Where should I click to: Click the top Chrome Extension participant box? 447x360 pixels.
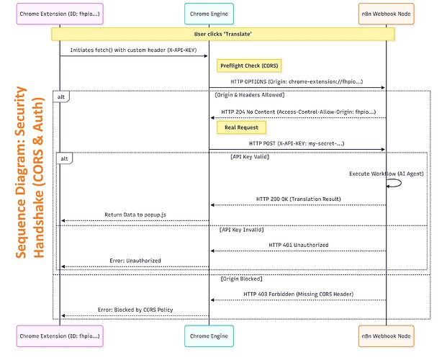tap(60, 14)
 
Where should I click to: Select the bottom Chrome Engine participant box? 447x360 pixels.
tap(209, 336)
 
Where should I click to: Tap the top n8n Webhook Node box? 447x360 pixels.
tap(386, 14)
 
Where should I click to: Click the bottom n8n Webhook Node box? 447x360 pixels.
tap(386, 336)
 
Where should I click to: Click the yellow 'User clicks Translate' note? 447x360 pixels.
tap(223, 34)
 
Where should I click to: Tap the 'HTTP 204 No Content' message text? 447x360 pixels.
tap(297, 112)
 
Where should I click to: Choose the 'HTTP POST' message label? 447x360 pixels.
tap(297, 143)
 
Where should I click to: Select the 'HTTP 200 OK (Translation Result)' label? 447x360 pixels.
tap(297, 199)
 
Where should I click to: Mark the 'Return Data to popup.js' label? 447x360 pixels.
tap(135, 214)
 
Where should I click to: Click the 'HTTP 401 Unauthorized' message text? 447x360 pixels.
tap(298, 245)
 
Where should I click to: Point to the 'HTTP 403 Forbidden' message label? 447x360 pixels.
tap(297, 294)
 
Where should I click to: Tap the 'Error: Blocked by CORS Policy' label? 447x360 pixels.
tap(135, 310)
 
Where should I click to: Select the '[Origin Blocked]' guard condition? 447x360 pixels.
tap(241, 278)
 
